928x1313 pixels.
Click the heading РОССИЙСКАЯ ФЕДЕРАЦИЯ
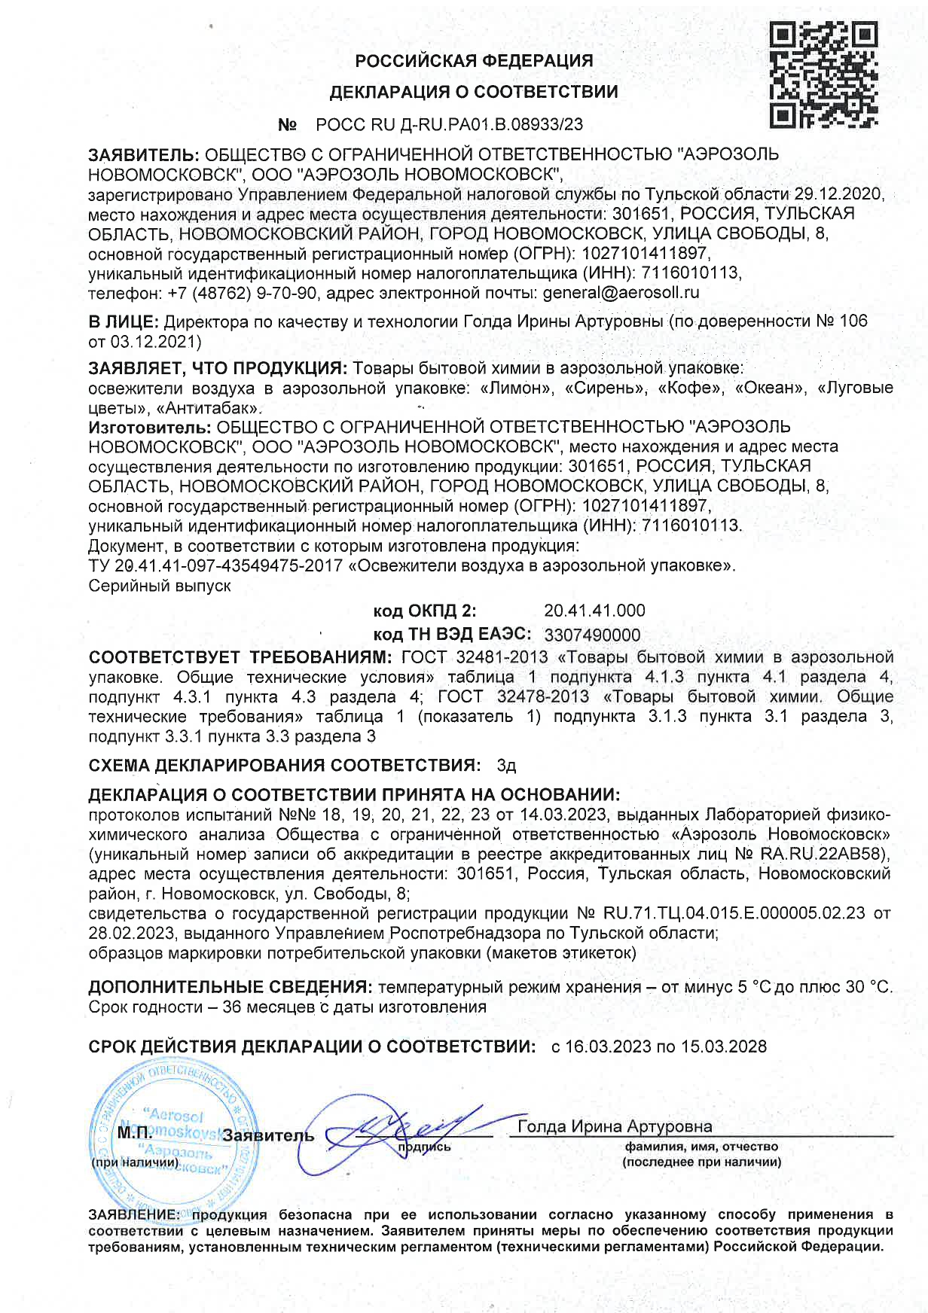pyautogui.click(x=474, y=60)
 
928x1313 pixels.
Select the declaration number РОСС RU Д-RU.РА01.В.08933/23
pyautogui.click(x=449, y=124)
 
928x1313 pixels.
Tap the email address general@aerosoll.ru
pyautogui.click(x=621, y=292)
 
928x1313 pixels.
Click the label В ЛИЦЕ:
pyautogui.click(x=124, y=321)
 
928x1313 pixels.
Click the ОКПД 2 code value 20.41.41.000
pyautogui.click(x=594, y=610)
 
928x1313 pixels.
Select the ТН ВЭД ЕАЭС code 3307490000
pyautogui.click(x=592, y=635)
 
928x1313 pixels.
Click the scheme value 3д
pyautogui.click(x=506, y=766)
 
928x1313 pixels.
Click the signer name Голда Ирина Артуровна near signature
pyautogui.click(x=615, y=1126)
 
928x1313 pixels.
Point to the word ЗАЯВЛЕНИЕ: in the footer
pyautogui.click(x=133, y=1214)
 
